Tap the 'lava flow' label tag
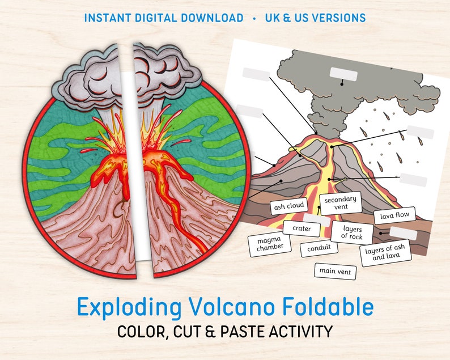coord(394,215)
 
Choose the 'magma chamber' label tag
coord(269,244)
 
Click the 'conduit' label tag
coord(319,248)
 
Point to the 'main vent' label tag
coord(336,271)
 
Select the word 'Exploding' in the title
coord(129,307)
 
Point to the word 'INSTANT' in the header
coord(107,18)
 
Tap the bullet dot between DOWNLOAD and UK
coord(254,18)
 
